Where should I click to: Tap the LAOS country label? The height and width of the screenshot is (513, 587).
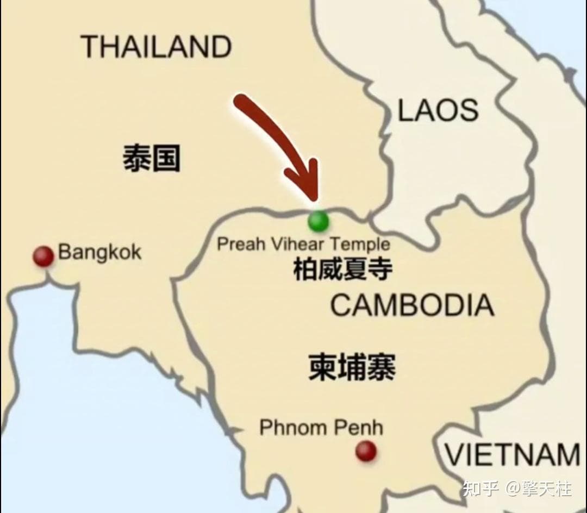click(438, 111)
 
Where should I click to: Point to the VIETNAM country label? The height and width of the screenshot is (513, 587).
click(513, 454)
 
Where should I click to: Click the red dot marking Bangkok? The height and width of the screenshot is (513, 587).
click(43, 256)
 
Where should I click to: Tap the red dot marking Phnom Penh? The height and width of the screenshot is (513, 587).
click(366, 451)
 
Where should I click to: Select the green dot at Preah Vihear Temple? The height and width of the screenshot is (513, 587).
click(318, 221)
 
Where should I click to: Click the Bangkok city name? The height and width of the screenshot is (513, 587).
click(99, 252)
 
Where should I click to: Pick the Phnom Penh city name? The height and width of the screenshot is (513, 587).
click(321, 427)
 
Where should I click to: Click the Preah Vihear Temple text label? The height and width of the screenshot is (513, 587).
click(303, 243)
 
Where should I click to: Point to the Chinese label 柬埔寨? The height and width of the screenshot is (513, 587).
click(352, 367)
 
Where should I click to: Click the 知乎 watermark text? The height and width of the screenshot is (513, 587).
click(480, 489)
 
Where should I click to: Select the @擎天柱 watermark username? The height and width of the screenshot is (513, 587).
click(538, 489)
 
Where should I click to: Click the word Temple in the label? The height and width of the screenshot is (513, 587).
click(361, 243)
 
